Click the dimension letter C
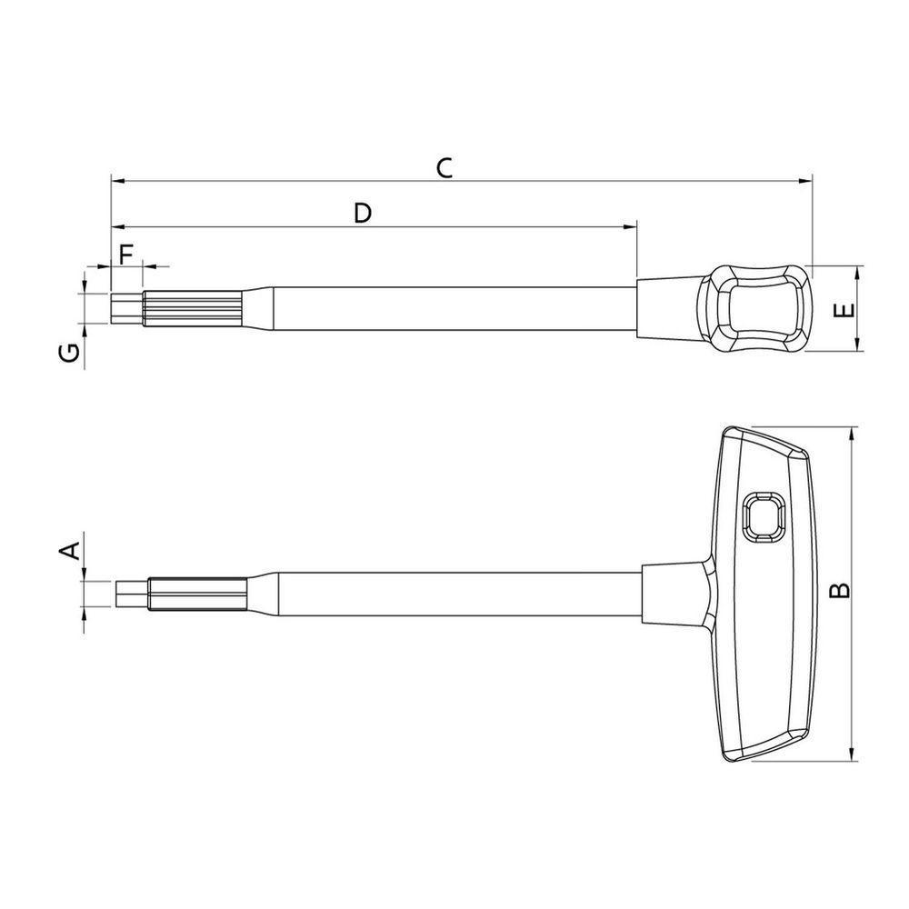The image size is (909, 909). (443, 167)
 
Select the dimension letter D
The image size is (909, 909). (362, 213)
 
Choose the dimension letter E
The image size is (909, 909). (844, 310)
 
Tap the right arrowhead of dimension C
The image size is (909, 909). (804, 181)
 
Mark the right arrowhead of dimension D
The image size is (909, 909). (629, 225)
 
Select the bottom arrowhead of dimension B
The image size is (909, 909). (852, 754)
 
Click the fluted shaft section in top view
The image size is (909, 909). (191, 308)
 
